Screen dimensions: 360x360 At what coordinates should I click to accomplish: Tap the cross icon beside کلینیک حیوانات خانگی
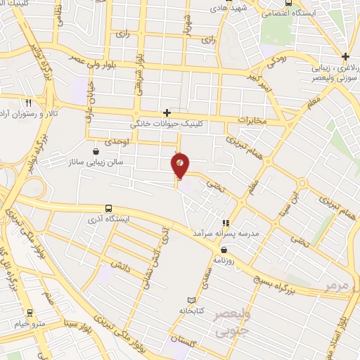coord(167,112)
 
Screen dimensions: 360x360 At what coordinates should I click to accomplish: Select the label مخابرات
coord(252,121)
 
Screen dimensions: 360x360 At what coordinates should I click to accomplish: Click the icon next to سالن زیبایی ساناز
coord(96,151)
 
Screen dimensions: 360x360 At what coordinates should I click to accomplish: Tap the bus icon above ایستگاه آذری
coord(108,209)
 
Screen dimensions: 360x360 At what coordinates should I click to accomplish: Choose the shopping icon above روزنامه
coord(224,249)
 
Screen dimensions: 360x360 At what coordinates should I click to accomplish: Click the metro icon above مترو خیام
coord(29,313)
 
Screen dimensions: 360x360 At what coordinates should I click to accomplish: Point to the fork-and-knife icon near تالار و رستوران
coord(28,102)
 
